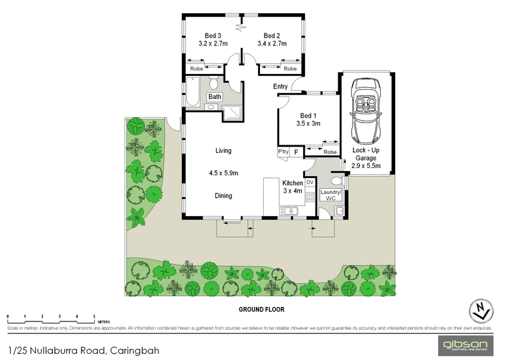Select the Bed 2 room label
[271, 39]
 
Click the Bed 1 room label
[309, 119]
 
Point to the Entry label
[280, 87]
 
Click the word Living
[223, 151]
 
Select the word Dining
[223, 196]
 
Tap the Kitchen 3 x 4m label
[292, 187]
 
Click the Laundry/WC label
[331, 195]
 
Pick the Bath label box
[215, 97]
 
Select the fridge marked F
[296, 152]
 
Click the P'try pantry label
[283, 152]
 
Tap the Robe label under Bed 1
[330, 152]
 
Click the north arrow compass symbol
[481, 310]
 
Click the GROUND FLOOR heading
[261, 309]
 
